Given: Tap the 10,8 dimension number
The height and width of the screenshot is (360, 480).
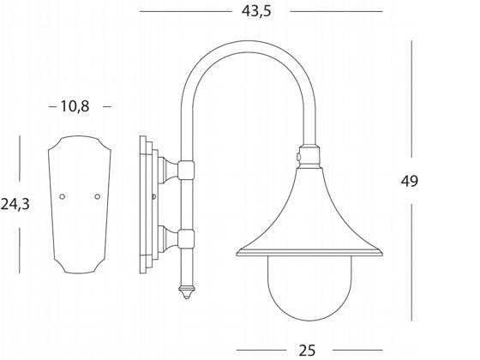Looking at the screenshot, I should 75,106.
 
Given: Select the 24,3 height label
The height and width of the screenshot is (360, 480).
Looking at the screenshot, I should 17,205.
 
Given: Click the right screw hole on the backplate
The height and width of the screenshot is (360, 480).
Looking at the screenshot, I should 96,196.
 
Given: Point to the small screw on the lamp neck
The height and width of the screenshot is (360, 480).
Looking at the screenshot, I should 297,157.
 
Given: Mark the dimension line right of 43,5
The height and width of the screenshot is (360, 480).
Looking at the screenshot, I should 336,12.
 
